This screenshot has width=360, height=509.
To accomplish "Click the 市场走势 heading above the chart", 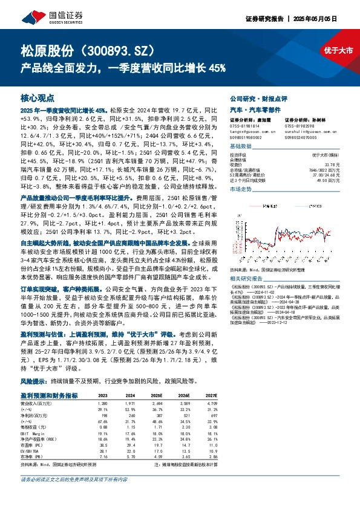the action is pos(241,190).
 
